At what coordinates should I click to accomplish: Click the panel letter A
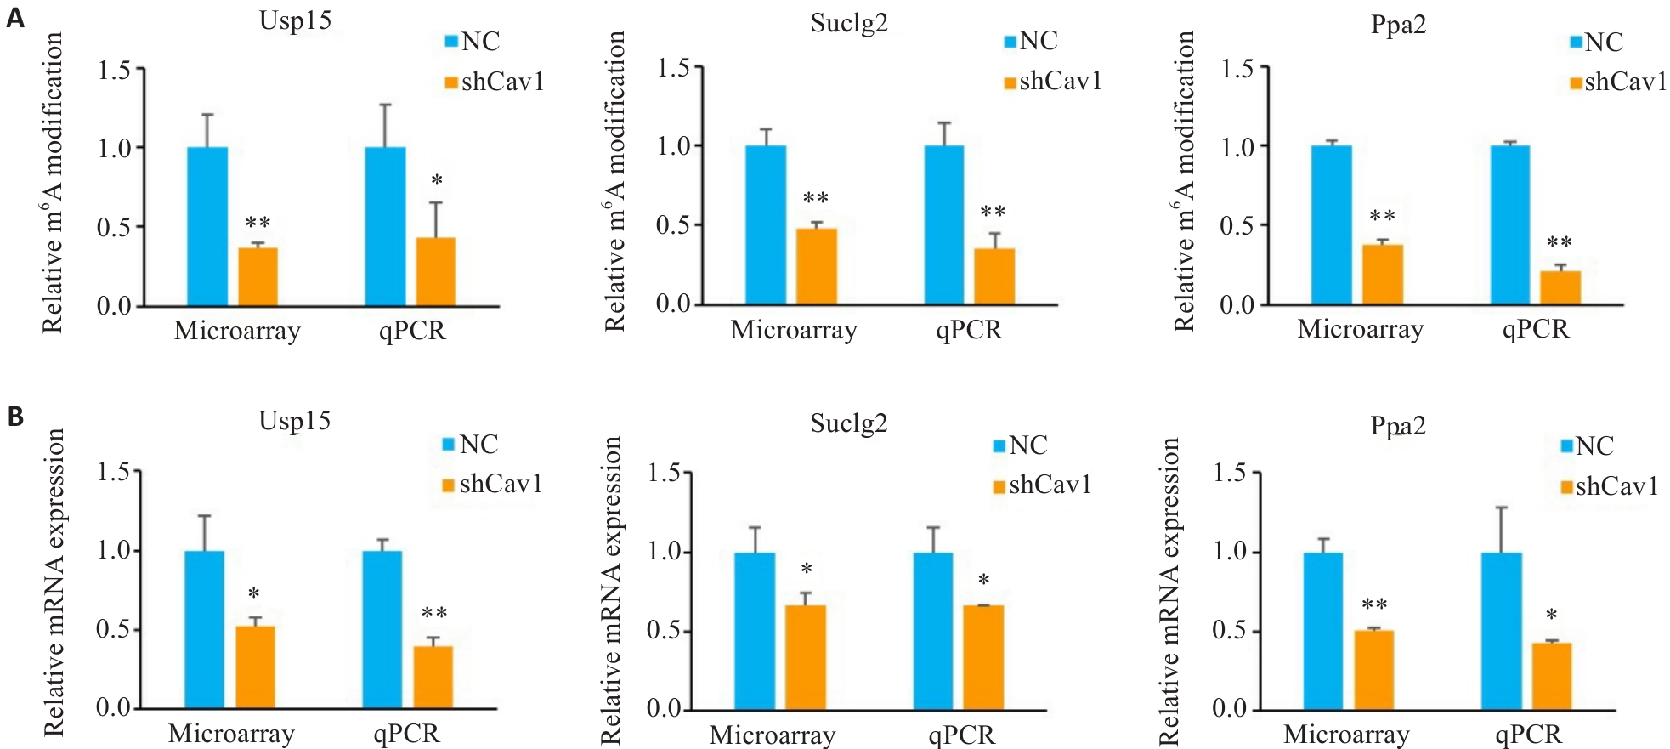click(14, 17)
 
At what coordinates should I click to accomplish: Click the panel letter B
click(14, 417)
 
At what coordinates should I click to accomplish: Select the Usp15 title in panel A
click(295, 20)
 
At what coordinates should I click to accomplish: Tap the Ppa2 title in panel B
click(1397, 425)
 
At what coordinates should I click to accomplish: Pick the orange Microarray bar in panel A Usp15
click(258, 276)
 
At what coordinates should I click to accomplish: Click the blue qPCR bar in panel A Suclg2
click(944, 224)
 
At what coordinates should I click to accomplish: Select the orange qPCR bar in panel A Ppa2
click(1560, 287)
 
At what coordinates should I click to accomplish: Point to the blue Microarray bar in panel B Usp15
click(204, 629)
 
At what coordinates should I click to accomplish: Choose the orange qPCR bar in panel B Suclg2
click(983, 656)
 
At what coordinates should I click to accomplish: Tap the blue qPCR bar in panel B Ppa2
click(1501, 630)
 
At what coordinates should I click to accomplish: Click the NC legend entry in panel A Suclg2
click(1030, 41)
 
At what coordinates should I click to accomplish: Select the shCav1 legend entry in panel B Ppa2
click(1609, 486)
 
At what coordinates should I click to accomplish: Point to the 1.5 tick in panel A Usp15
click(114, 70)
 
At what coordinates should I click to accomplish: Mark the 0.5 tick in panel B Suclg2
click(664, 631)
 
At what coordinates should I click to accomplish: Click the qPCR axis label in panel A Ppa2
click(1535, 330)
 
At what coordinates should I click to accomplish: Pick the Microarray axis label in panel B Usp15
click(231, 734)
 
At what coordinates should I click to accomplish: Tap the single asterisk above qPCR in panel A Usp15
click(437, 180)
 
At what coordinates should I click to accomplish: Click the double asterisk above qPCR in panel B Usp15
click(434, 613)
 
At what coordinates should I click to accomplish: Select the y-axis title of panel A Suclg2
click(614, 181)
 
